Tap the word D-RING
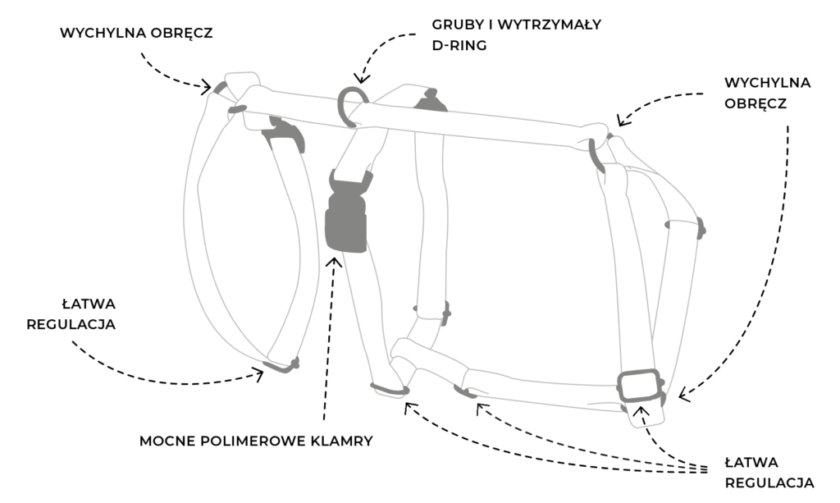pyautogui.click(x=459, y=46)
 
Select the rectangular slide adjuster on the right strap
pyautogui.click(x=640, y=386)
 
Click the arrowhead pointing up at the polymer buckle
pyautogui.click(x=334, y=263)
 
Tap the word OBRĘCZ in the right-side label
pyautogui.click(x=756, y=104)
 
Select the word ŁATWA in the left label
pyautogui.click(x=89, y=303)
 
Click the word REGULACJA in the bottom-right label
pyautogui.click(x=769, y=482)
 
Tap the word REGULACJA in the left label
pyautogui.click(x=71, y=324)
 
